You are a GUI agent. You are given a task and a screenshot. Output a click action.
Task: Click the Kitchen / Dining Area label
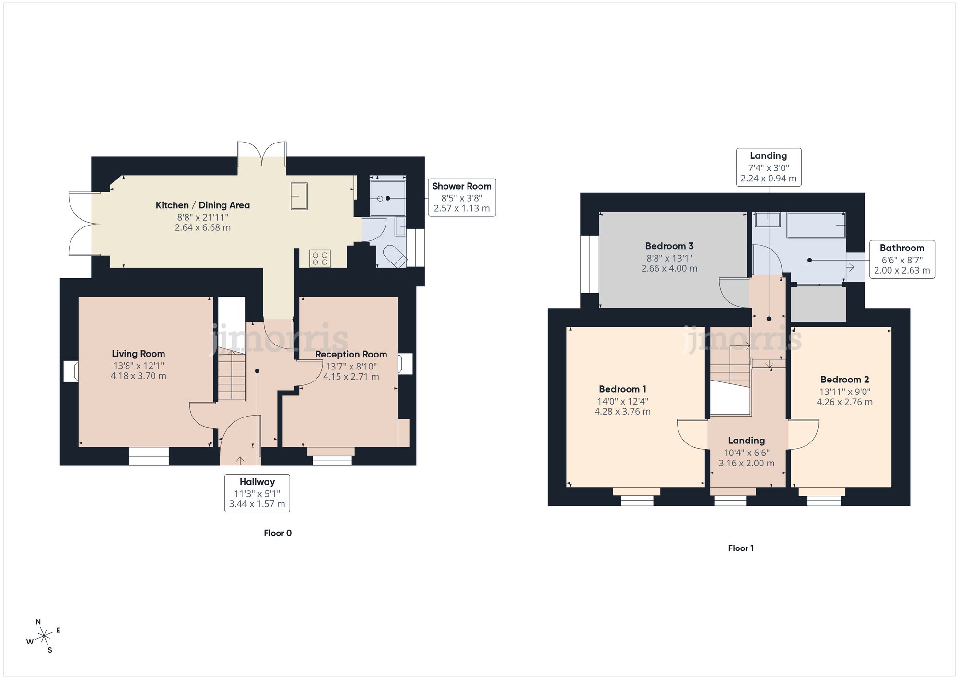pos(202,205)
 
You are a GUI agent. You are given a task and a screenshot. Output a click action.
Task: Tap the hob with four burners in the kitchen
pos(320,259)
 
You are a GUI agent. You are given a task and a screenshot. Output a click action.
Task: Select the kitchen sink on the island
pos(299,196)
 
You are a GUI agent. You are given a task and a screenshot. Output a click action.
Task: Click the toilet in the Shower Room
pos(396,256)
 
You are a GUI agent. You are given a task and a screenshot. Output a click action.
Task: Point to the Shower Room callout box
pos(461,197)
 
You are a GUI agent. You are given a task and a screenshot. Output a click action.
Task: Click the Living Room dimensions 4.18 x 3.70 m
pos(138,376)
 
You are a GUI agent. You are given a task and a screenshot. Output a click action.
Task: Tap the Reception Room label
pos(351,354)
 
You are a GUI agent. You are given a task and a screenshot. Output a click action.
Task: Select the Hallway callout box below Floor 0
pos(257,493)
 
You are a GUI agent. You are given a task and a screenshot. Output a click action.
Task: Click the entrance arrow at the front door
pos(240,460)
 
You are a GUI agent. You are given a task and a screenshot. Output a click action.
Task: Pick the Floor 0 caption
pos(277,533)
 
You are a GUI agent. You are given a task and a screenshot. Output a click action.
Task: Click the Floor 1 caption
pos(740,548)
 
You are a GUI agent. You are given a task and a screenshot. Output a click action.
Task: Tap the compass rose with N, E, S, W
pos(44,636)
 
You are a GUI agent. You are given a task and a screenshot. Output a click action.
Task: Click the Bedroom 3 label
pos(669,246)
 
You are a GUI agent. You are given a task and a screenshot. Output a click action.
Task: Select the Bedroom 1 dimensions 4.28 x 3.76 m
pos(622,411)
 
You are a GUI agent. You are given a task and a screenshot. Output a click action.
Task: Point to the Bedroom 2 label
pos(844,380)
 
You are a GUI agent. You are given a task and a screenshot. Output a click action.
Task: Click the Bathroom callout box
pos(901,259)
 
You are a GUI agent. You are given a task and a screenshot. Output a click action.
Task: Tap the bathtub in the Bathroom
pos(816,225)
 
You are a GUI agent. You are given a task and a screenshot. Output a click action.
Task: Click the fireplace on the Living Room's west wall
pos(71,371)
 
